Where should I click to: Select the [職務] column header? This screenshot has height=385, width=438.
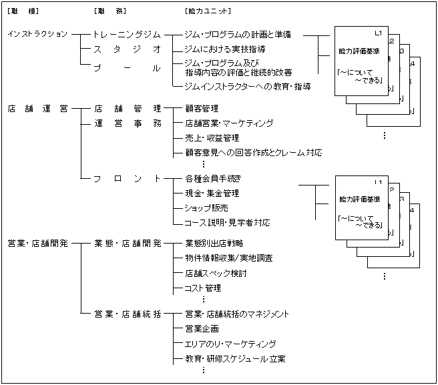click(x=109, y=11)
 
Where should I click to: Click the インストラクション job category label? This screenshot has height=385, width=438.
click(x=37, y=34)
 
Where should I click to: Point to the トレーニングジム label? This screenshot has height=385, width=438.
click(x=127, y=34)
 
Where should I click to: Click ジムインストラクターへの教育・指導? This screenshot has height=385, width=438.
click(x=248, y=86)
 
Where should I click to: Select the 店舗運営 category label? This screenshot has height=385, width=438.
click(x=37, y=108)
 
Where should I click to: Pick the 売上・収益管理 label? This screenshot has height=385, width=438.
click(x=212, y=138)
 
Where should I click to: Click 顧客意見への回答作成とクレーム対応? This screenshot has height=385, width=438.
click(x=253, y=153)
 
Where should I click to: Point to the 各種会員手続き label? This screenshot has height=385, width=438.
click(x=212, y=178)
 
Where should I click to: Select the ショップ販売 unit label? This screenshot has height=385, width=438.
click(x=207, y=208)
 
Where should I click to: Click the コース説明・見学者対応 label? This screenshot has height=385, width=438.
click(x=228, y=223)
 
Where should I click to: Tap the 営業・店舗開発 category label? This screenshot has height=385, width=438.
click(x=38, y=243)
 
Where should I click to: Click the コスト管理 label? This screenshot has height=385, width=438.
click(x=203, y=288)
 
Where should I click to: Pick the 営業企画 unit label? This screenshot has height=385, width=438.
click(x=202, y=329)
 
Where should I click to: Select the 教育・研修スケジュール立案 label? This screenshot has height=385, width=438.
click(x=235, y=359)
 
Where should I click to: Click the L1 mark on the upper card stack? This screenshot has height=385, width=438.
click(x=379, y=33)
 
